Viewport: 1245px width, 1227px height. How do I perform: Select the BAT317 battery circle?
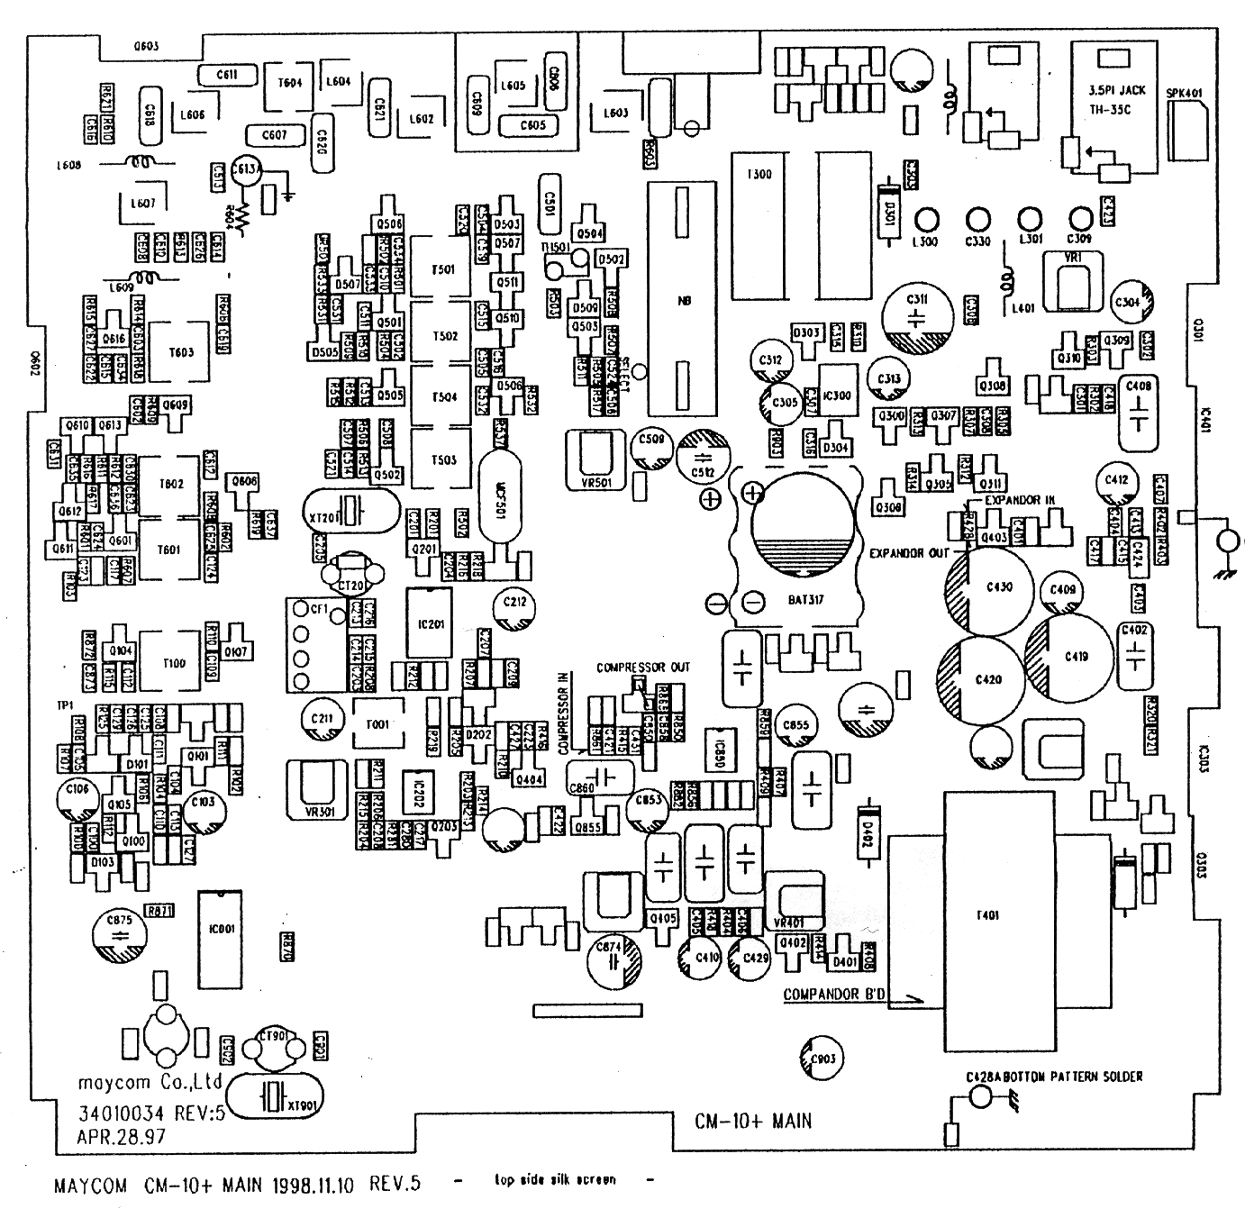802,532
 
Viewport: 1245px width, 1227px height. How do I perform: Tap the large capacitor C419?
1076,656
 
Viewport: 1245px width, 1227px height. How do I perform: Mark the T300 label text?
759,174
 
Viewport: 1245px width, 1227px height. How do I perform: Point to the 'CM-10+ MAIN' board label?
752,1122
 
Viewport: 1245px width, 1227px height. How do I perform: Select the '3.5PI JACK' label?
1117,90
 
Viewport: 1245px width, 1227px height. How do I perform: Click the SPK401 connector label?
1184,93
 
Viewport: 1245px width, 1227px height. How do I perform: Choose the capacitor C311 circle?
917,318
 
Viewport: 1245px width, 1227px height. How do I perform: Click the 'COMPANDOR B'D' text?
835,995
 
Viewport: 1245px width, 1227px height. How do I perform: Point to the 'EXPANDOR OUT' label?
909,552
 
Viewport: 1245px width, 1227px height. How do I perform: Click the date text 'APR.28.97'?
122,1137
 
